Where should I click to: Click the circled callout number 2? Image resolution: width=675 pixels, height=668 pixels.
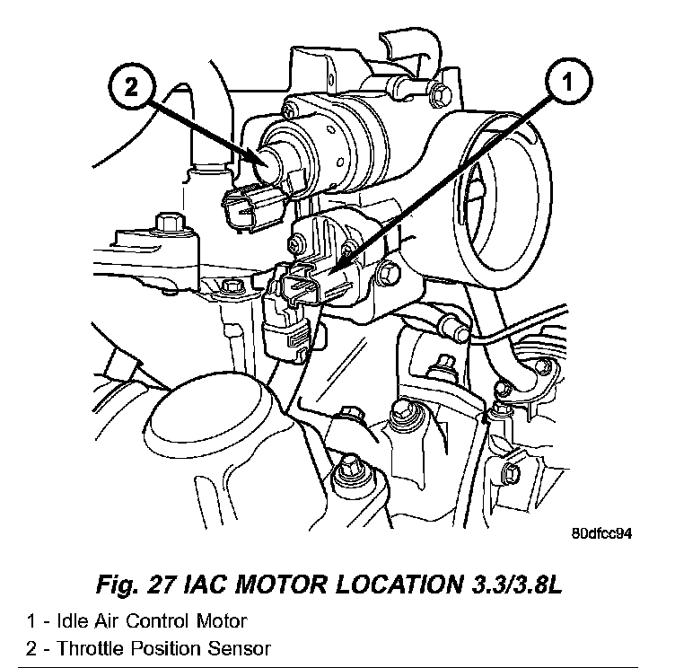[131, 86]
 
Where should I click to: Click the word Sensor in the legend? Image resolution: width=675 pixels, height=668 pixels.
[241, 646]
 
